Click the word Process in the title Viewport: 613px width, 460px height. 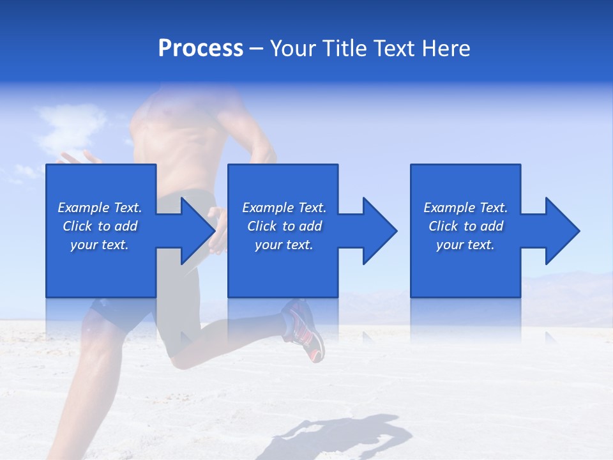(201, 48)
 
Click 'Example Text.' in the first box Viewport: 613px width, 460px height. (100, 208)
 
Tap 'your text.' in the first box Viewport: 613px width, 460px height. (100, 245)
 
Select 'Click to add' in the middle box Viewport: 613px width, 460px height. (284, 226)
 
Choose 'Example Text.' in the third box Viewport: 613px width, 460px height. (465, 208)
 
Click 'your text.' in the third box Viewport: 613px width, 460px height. (465, 245)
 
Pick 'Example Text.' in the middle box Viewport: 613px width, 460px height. (284, 208)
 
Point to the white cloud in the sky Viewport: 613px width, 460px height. (70, 125)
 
